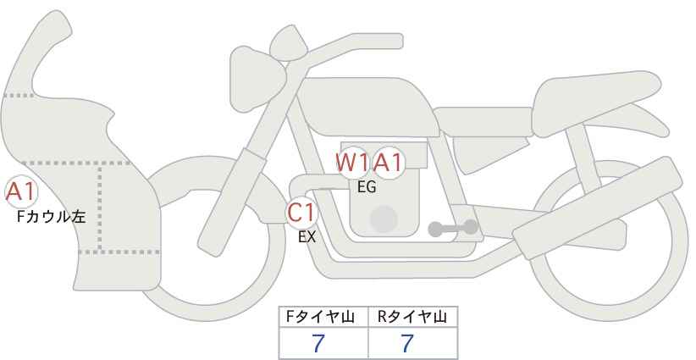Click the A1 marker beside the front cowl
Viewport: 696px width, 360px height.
click(x=21, y=192)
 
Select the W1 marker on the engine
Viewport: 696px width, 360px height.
click(x=353, y=163)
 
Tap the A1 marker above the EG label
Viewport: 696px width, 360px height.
click(x=389, y=163)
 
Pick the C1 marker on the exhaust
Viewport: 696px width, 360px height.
click(x=301, y=213)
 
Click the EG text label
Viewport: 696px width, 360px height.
click(x=367, y=187)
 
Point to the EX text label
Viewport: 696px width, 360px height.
click(x=307, y=237)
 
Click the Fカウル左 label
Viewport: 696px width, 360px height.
click(x=51, y=217)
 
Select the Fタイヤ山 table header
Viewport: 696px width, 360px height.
click(x=320, y=317)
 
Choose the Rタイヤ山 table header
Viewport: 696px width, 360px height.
click(x=412, y=317)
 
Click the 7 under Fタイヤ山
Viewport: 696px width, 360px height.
click(x=318, y=344)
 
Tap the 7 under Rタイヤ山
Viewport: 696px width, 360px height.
click(x=407, y=344)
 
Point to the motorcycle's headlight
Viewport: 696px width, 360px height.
click(x=257, y=79)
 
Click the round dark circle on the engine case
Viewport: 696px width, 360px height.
click(x=384, y=219)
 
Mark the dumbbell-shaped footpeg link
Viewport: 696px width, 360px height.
click(x=453, y=228)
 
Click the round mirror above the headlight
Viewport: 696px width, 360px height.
click(x=289, y=43)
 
